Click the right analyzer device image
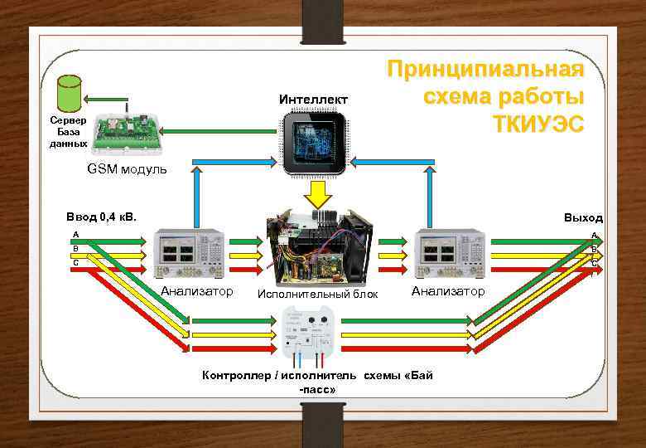(447, 252)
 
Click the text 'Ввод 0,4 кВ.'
(101, 217)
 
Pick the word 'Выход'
(583, 217)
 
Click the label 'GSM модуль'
(127, 169)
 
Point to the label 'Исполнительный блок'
(318, 294)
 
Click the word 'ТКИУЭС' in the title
(538, 124)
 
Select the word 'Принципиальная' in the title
(486, 70)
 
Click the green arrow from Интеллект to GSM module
(219, 130)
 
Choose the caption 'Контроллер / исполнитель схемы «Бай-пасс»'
(318, 382)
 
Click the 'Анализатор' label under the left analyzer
(197, 291)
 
